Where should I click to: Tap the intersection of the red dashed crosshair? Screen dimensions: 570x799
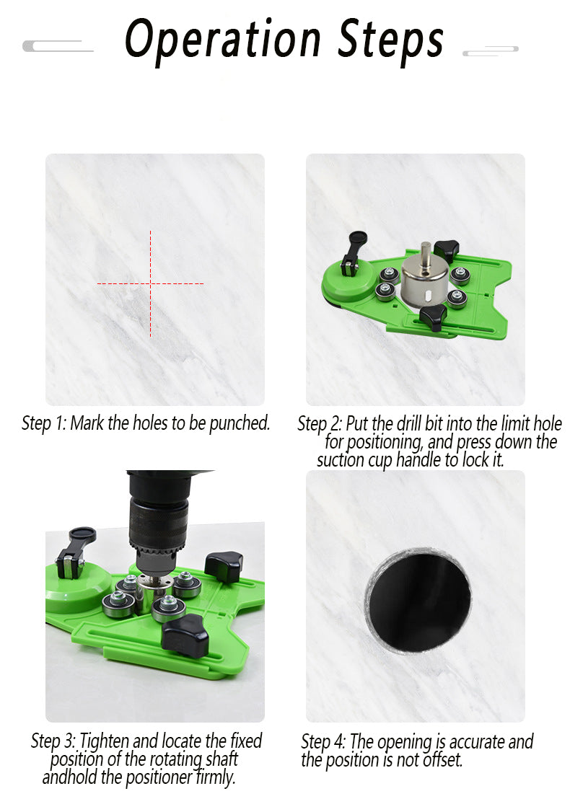click(x=150, y=283)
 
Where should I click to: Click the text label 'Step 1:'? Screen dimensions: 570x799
click(x=44, y=423)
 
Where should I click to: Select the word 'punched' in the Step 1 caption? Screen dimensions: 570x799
click(x=240, y=423)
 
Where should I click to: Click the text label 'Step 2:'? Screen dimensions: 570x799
click(x=320, y=424)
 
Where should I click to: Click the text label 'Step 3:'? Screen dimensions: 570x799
click(x=53, y=741)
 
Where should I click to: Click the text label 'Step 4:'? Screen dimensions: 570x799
click(x=323, y=742)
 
